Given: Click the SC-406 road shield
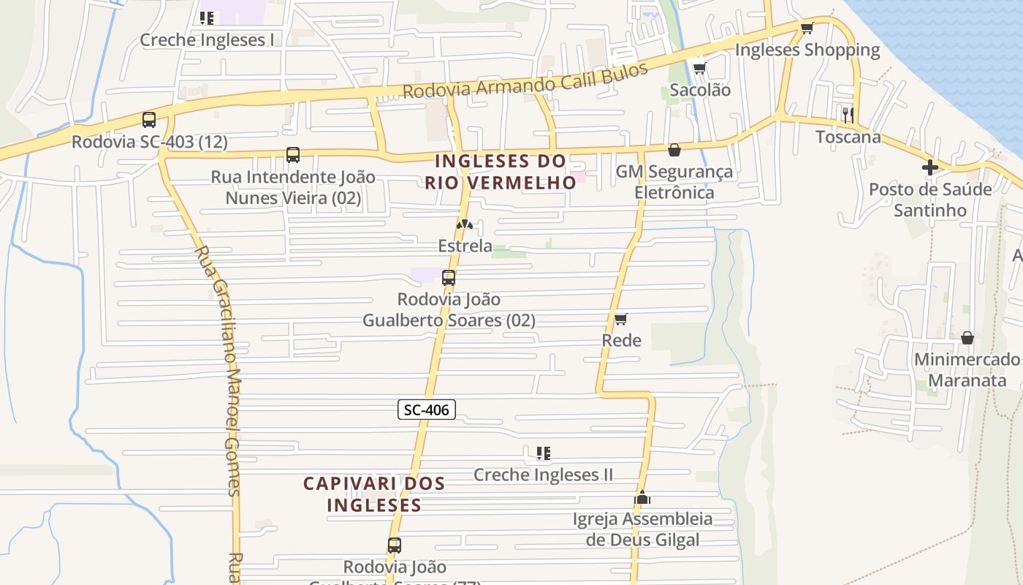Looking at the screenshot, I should click(x=427, y=409).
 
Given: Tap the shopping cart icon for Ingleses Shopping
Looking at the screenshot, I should click(x=807, y=29).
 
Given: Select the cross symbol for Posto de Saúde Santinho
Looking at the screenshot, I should click(x=929, y=167).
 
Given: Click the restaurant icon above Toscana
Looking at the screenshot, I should click(x=848, y=115).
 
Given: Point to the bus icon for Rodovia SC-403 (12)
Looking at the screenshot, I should click(x=149, y=120).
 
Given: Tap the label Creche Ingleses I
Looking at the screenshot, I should click(x=207, y=39).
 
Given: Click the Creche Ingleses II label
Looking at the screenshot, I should click(x=543, y=475).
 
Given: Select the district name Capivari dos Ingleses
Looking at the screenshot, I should click(x=374, y=494).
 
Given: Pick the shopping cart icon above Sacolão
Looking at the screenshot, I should click(x=699, y=69).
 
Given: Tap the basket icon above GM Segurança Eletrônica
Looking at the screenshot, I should click(x=674, y=150).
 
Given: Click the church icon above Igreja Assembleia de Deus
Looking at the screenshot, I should click(x=642, y=498).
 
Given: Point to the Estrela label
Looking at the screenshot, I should click(x=465, y=246).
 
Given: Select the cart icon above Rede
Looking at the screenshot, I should click(x=620, y=319).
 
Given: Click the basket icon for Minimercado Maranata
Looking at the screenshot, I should click(x=967, y=338).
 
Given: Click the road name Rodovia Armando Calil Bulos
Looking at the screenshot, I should click(x=525, y=82).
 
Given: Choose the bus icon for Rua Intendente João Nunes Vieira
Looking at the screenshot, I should click(x=293, y=155).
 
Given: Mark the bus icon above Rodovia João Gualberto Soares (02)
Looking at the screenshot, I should click(x=449, y=278).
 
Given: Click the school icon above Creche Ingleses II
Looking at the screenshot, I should click(x=543, y=453).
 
